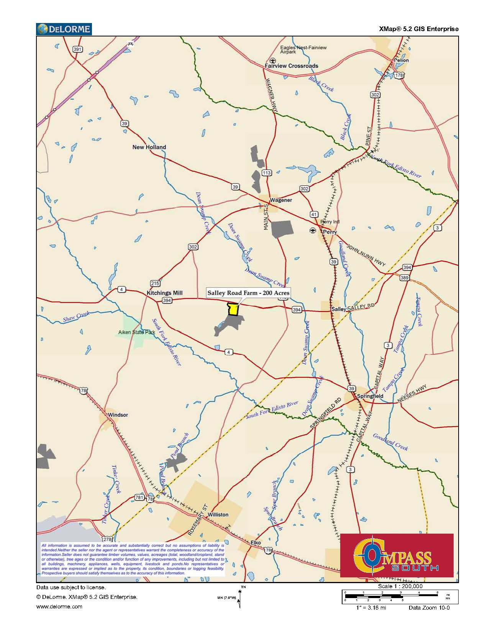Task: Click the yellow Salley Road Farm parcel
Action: click(x=233, y=309)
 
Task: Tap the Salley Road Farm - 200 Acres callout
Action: click(x=248, y=293)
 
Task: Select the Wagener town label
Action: click(x=281, y=200)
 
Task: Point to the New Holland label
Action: click(x=149, y=147)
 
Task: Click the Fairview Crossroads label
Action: click(x=292, y=66)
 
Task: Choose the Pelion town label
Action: click(x=401, y=60)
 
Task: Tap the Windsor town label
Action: click(x=118, y=415)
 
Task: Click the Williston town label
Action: click(x=218, y=514)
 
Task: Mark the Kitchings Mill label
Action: click(x=165, y=293)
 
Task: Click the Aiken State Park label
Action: click(x=136, y=332)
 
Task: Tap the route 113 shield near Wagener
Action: click(x=267, y=173)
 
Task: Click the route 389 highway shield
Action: click(x=404, y=277)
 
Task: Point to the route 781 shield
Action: click(x=139, y=498)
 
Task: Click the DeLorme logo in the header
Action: click(x=64, y=29)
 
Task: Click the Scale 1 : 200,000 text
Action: click(x=400, y=586)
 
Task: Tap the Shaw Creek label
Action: click(x=76, y=316)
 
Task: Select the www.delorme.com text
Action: click(x=59, y=607)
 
